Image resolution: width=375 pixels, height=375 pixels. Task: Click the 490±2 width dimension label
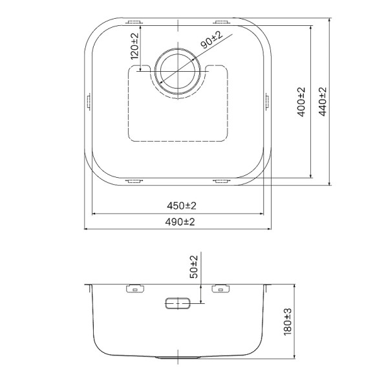[180, 222]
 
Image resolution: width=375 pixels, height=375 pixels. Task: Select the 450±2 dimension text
[180, 206]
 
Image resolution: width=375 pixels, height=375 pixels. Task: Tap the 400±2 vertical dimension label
[301, 102]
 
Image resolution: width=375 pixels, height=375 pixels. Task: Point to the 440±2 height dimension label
[323, 102]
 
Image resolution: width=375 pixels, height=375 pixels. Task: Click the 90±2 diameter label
[211, 41]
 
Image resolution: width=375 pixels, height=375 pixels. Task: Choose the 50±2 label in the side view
[194, 266]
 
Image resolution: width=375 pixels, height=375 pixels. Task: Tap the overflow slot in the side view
[177, 303]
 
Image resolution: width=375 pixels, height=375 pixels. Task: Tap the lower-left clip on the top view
[133, 182]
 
